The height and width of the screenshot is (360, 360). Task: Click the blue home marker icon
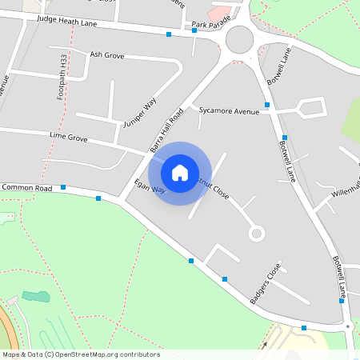point(180,172)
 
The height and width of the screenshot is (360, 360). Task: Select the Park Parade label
point(210,26)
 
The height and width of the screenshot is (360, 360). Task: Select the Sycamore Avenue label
point(230,110)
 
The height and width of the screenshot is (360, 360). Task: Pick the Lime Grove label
point(68,138)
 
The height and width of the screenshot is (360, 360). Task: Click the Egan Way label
point(150,186)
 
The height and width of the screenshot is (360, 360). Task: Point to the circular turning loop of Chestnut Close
point(256,234)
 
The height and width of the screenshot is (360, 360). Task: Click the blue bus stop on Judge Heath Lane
point(169,34)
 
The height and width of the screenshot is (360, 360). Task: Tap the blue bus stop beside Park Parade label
point(194,30)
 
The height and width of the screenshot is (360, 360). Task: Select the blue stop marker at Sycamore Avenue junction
point(267,105)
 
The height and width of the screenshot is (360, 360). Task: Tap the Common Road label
point(26,187)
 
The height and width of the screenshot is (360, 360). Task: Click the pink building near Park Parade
point(219,14)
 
